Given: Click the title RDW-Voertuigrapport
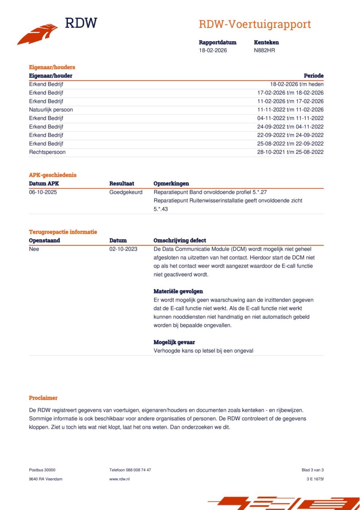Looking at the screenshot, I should click(x=255, y=24).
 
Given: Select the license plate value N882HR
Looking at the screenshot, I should click(x=264, y=50).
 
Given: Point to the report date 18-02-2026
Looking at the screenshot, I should click(x=213, y=50).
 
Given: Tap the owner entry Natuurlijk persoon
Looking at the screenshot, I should click(x=51, y=110).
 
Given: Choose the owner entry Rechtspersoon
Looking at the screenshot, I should click(x=47, y=152).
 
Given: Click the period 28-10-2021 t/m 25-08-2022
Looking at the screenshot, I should click(x=290, y=152).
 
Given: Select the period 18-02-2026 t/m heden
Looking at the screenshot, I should click(x=297, y=84).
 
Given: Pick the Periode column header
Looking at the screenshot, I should click(x=313, y=76).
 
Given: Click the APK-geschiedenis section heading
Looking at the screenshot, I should click(x=53, y=175).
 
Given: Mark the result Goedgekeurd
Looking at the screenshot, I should click(x=126, y=192).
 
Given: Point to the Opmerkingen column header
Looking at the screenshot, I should click(x=171, y=184).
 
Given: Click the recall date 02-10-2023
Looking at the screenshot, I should click(x=123, y=249).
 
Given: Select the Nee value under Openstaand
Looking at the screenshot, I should click(x=34, y=249).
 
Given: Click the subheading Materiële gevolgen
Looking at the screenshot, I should click(x=178, y=291).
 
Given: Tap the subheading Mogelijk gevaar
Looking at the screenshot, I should click(x=174, y=342).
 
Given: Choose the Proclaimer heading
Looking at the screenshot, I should click(x=43, y=398).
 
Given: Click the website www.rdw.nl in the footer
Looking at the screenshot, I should click(x=119, y=479).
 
